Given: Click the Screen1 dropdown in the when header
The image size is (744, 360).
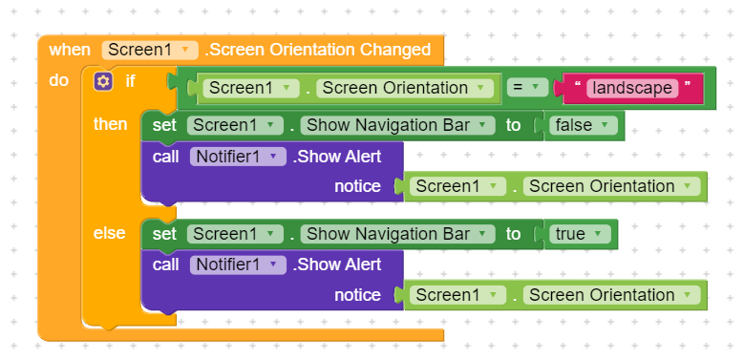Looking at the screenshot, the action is pos(149,50).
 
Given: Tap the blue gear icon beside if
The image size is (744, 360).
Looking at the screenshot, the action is pos(103,81).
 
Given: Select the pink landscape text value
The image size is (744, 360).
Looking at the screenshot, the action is pos(632,88).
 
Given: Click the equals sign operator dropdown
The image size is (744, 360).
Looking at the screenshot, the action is pos(527,88).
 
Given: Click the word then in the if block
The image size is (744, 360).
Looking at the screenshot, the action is pos(110,124).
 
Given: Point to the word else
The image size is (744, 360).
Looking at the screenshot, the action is pos(109,233).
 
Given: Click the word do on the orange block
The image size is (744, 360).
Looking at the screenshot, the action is pos(58,80).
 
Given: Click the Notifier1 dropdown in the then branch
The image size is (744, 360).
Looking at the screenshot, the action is pos(238,157).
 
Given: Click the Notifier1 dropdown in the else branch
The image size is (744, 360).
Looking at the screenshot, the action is pos(238,265).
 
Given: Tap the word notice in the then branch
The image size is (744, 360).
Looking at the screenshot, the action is pos(357,186).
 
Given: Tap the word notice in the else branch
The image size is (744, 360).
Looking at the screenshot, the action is pos(357,295).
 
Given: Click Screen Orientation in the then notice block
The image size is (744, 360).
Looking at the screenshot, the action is pos(611,186).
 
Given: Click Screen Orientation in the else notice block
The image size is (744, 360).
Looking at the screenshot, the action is pos(611,295).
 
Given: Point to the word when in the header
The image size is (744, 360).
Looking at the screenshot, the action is pos(70,50).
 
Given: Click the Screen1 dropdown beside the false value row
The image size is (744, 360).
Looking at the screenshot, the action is pos(235,125).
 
